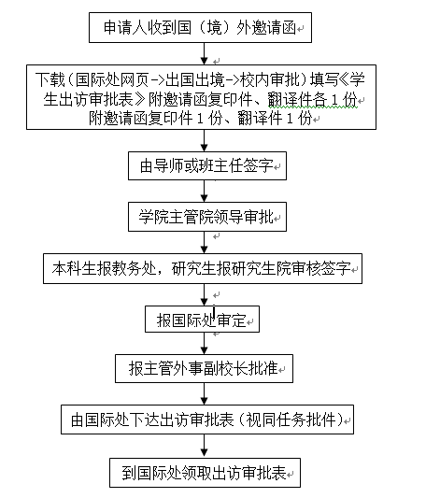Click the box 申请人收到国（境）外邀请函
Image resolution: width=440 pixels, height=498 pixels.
[x=200, y=28]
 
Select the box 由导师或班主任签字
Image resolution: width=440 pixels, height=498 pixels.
[x=207, y=165]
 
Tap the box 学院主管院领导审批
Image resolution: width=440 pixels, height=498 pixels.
[x=207, y=217]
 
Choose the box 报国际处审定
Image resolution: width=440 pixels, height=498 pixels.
[x=202, y=320]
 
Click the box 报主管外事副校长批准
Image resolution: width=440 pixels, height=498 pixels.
[x=205, y=368]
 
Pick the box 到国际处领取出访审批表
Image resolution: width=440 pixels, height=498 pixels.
[x=206, y=473]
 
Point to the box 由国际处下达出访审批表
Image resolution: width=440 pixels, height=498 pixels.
[x=207, y=420]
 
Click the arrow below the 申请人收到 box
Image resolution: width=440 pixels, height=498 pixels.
[x=205, y=53]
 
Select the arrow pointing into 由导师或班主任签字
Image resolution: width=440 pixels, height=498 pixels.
[x=205, y=140]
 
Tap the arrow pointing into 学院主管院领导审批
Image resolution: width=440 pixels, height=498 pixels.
[x=205, y=192]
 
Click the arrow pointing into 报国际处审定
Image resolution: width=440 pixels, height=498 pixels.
[x=205, y=294]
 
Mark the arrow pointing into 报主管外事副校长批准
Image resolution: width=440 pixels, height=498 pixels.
[x=205, y=344]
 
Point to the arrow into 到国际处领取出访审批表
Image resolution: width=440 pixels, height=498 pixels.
[x=205, y=446]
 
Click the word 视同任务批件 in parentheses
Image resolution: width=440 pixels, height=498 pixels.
[x=291, y=420]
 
